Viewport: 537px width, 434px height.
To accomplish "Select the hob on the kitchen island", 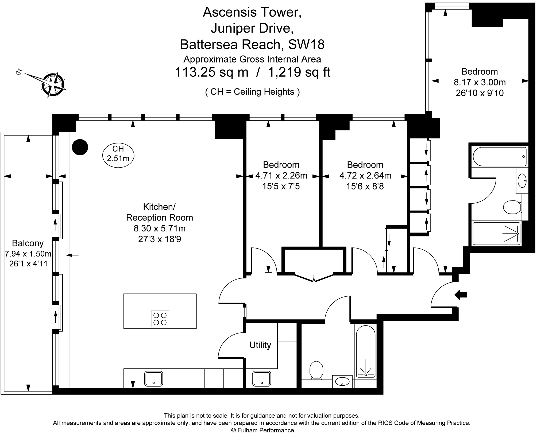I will pyautogui.click(x=160, y=319).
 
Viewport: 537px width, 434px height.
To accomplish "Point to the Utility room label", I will pyautogui.click(x=260, y=345).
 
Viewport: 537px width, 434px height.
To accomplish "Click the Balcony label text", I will pyautogui.click(x=28, y=243).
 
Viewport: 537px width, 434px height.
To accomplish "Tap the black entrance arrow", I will pyautogui.click(x=461, y=295).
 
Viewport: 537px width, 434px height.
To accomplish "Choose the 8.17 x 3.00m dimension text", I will pyautogui.click(x=480, y=82).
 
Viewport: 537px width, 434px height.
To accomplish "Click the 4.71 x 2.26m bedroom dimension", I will pyautogui.click(x=281, y=176).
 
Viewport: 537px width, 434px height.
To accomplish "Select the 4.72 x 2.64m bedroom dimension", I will pyautogui.click(x=365, y=176).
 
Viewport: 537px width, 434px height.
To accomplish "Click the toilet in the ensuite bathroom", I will pyautogui.click(x=512, y=207).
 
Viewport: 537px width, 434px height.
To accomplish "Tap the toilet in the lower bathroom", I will pyautogui.click(x=316, y=370).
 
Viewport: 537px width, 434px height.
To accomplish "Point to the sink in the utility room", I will pyautogui.click(x=262, y=378).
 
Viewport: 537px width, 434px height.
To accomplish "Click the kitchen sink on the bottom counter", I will pyautogui.click(x=154, y=379).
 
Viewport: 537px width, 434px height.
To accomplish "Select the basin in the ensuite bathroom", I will pyautogui.click(x=522, y=180).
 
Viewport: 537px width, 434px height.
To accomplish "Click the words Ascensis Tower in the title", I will pyautogui.click(x=252, y=12).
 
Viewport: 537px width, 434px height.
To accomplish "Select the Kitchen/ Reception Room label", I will pyautogui.click(x=159, y=212).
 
